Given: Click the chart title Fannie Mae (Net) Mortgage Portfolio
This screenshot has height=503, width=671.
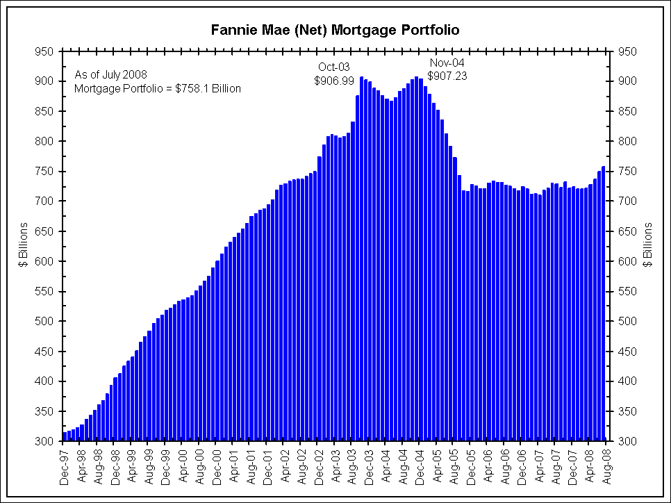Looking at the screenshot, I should [335, 31].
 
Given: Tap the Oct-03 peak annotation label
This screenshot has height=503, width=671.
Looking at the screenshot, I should [334, 67].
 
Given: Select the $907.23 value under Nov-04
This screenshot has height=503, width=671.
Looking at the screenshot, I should [447, 76].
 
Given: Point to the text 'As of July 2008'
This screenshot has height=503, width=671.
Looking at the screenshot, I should [110, 74].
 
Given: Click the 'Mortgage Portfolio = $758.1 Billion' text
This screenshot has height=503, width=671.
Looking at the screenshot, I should [157, 88].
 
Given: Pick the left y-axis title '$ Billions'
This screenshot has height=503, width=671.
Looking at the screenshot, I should [24, 245].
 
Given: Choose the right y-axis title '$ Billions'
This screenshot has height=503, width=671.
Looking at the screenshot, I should [648, 245].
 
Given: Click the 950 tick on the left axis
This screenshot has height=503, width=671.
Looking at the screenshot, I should [45, 51].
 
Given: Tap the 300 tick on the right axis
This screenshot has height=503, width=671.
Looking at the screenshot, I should [625, 441].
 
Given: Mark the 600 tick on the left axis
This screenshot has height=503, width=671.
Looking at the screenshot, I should [45, 261].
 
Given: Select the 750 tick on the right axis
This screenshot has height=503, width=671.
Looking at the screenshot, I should [625, 172].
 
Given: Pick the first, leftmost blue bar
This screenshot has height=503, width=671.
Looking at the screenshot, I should [65, 436].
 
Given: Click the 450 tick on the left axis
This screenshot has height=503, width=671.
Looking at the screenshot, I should [45, 352].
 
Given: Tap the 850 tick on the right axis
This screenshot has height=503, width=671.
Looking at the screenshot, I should [625, 111].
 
